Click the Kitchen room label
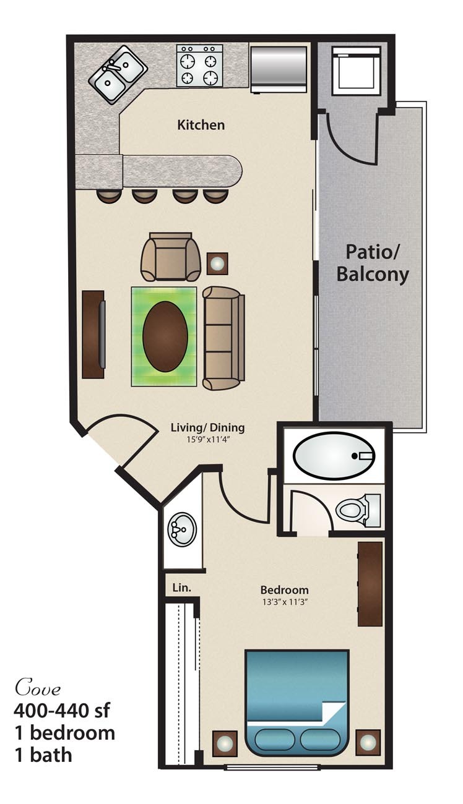[201, 125]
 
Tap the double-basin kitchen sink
[118, 75]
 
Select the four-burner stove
[199, 66]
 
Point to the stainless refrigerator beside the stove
[278, 69]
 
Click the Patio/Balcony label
[373, 263]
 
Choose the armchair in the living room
[171, 257]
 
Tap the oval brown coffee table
[165, 336]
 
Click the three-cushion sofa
[223, 338]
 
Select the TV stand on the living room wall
[93, 334]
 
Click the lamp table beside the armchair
[217, 264]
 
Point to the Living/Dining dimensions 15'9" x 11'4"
[208, 439]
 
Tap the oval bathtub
[334, 455]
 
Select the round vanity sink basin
[182, 530]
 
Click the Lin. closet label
[182, 588]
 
